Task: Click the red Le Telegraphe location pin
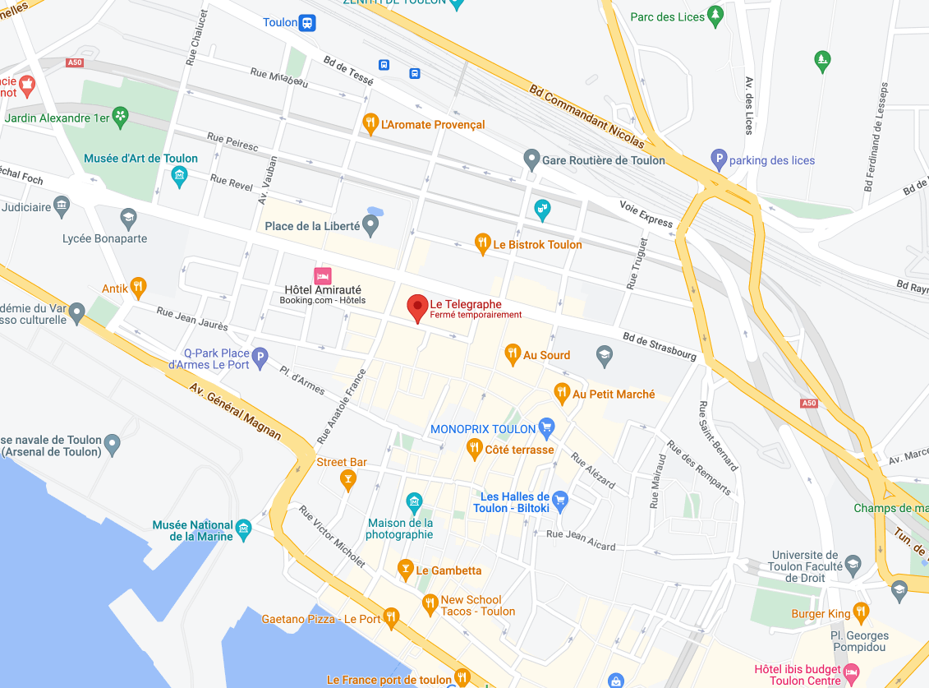click(x=418, y=307)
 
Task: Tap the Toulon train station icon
click(x=307, y=22)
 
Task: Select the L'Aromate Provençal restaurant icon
click(x=370, y=124)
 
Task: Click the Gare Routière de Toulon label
click(x=603, y=160)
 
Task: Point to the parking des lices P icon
click(x=719, y=160)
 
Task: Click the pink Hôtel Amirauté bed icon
click(x=323, y=275)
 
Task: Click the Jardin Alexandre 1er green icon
click(x=121, y=118)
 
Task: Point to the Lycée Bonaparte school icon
click(x=127, y=219)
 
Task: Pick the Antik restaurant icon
click(x=139, y=288)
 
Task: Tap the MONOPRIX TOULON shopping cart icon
click(x=546, y=427)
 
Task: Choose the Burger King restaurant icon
click(x=861, y=612)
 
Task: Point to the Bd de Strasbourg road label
click(x=660, y=345)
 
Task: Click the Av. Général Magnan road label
click(x=235, y=411)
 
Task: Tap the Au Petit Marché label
click(x=614, y=394)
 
